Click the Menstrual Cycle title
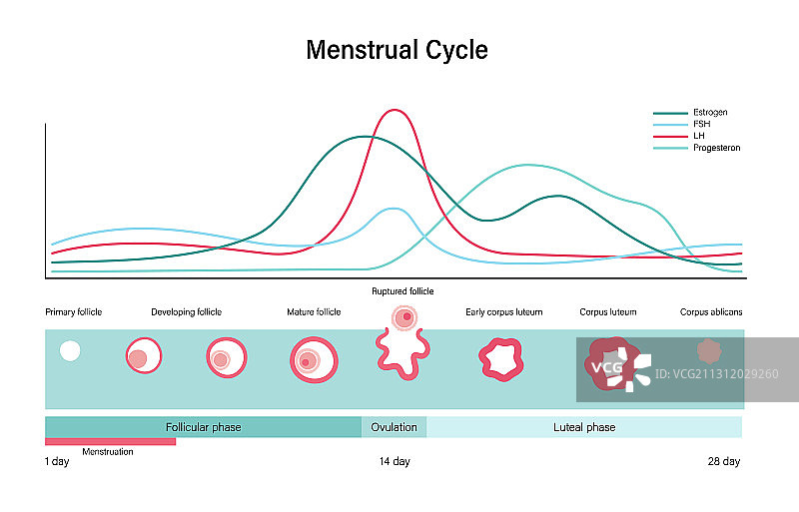coord(397,50)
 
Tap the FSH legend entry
coord(701,125)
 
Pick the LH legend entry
coord(698,136)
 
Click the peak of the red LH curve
coord(397,110)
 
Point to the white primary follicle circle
coord(70,350)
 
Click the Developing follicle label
coord(187,312)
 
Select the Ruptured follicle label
coord(402,291)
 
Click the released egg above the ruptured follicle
coord(404,318)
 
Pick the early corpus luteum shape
coord(500,359)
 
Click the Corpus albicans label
coord(711,312)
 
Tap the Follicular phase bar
coord(203,427)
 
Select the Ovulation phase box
coord(394,427)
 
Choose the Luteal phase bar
coord(584,427)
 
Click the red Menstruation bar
coord(110,441)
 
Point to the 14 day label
coord(395,461)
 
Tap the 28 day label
coord(723,461)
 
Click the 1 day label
coord(57,461)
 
